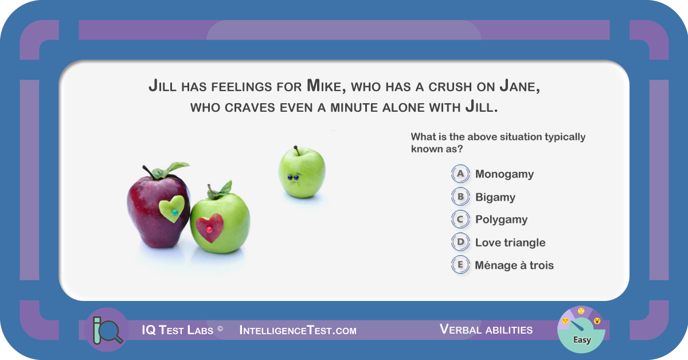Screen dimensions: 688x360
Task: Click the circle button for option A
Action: pos(460,174)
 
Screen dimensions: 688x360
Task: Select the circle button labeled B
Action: pos(460,197)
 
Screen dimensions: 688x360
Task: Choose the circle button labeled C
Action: pos(460,220)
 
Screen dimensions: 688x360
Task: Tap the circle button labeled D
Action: pos(460,242)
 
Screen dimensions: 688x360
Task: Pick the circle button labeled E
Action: pos(460,265)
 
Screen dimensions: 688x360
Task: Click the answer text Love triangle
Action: pos(510,242)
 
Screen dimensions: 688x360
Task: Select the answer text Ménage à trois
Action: pos(514,265)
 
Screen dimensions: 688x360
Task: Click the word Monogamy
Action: pos(505,174)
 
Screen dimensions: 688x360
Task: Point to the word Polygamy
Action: pos(501,220)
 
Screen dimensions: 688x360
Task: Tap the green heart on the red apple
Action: pos(172,209)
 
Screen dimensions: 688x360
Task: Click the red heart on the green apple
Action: pos(210,228)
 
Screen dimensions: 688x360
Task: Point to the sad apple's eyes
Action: pos(293,177)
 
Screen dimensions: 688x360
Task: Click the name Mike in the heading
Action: pos(326,85)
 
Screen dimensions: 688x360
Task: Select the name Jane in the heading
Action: pos(519,85)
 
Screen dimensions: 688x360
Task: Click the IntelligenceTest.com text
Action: pos(298,330)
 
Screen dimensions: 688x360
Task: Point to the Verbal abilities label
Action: pos(486,329)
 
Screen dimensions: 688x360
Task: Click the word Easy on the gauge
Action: pos(582,340)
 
